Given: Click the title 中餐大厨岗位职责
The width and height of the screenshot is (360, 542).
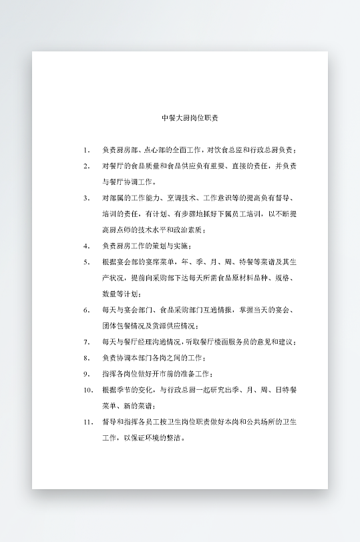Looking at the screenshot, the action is [190, 117].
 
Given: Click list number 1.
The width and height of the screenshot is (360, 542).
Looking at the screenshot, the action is [87, 150].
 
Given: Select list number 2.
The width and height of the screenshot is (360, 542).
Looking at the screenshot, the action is [87, 166].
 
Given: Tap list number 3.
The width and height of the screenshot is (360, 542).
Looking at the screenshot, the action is [87, 198].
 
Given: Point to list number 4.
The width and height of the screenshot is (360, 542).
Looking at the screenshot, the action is [87, 246].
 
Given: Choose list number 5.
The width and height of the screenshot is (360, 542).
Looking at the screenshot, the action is [87, 262].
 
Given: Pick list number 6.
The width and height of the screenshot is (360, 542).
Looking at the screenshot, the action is [87, 310].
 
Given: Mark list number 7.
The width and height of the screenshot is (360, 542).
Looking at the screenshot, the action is [87, 342].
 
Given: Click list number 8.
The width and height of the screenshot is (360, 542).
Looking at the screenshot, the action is [87, 358].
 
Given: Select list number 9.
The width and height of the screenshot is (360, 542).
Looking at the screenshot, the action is [87, 374].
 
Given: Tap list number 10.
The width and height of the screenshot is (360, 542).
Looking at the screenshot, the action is [88, 390].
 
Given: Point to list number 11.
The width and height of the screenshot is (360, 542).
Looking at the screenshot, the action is [88, 423].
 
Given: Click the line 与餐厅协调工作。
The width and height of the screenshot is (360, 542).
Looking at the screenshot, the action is [130, 182].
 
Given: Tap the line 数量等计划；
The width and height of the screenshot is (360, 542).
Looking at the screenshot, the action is [122, 294].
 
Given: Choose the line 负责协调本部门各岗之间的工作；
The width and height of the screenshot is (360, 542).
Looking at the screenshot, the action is [153, 358].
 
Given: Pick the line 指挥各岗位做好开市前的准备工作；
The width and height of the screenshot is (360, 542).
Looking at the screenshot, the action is [158, 374].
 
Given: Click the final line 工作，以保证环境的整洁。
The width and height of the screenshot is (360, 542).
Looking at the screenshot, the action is [142, 439].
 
